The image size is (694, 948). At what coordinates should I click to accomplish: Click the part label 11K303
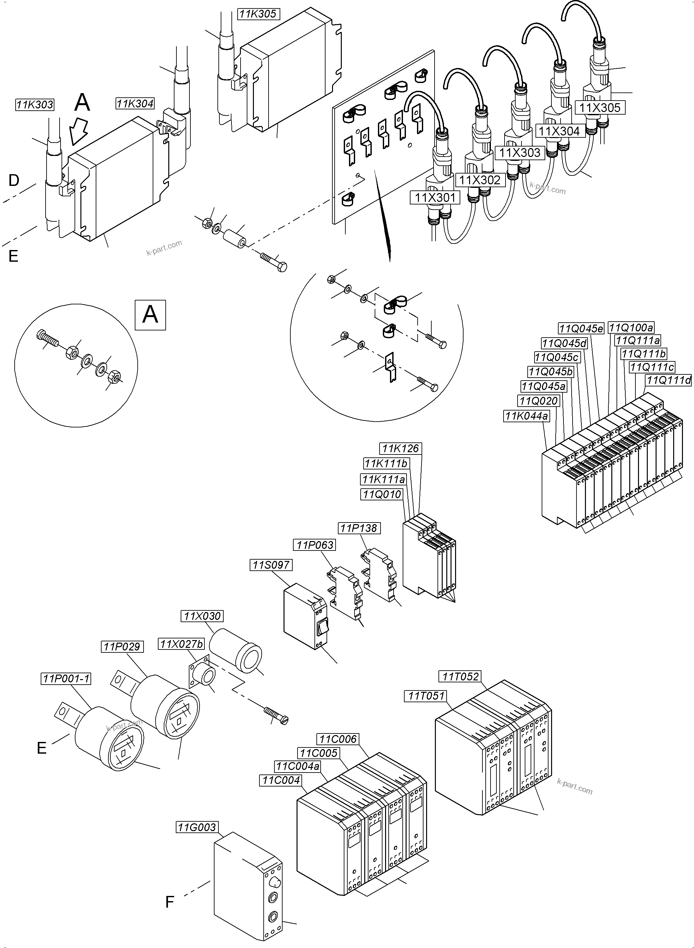click(x=35, y=104)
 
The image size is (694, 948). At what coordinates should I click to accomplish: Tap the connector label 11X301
click(x=435, y=197)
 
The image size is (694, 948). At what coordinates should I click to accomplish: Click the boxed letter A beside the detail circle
click(x=150, y=314)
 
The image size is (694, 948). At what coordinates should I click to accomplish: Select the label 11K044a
click(x=526, y=416)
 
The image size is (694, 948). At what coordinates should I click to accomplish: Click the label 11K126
click(x=400, y=449)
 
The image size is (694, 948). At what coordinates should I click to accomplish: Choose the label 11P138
click(x=359, y=528)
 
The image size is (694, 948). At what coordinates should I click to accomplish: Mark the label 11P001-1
click(x=66, y=679)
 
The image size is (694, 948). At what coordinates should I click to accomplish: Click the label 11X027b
click(x=181, y=644)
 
